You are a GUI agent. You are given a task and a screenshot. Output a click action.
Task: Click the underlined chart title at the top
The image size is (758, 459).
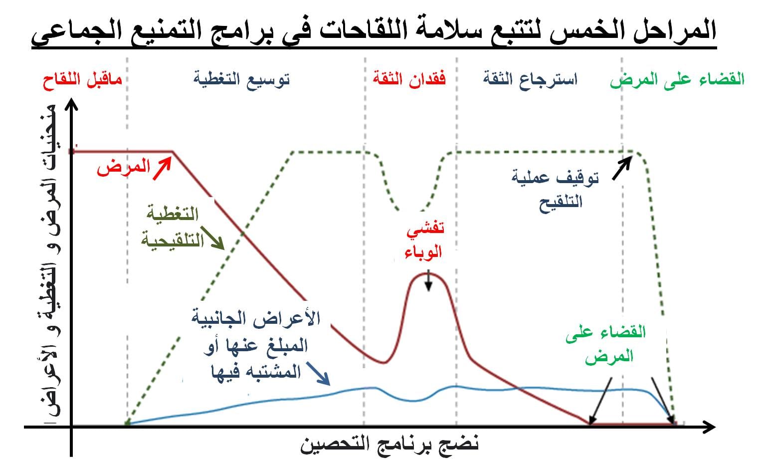point(374,32)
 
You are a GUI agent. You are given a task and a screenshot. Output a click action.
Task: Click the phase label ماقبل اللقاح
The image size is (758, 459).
point(82,80)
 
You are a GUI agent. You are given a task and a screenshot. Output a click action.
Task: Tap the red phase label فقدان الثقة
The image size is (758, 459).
point(409,78)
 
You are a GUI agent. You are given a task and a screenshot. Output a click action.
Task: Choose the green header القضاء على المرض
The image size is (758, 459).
point(677,80)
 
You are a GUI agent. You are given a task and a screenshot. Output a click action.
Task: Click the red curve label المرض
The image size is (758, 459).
point(124,167)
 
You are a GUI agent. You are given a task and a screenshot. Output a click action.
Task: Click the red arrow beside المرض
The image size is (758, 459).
point(162,169)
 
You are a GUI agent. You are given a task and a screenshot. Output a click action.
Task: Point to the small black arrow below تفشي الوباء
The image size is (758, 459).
point(428,280)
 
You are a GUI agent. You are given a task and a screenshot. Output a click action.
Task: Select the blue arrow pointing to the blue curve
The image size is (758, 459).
point(318,374)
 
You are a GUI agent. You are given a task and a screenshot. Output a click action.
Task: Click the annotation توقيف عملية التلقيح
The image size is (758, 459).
point(556,190)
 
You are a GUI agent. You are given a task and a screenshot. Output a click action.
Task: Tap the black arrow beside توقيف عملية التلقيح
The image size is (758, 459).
point(622,168)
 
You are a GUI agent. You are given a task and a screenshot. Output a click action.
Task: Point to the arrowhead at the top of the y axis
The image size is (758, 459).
point(71,103)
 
